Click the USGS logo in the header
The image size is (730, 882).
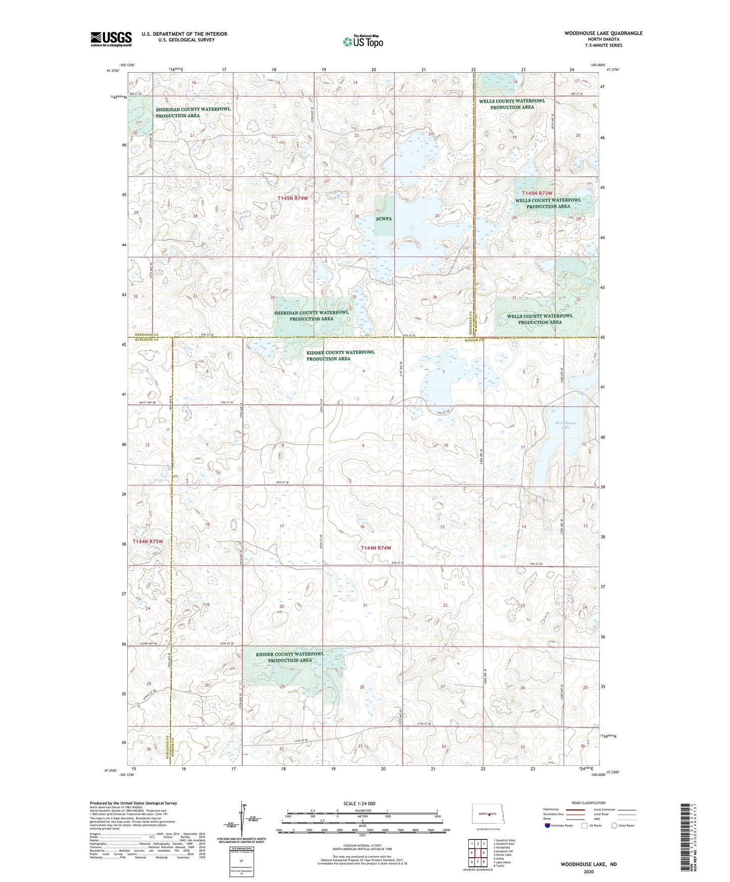click(x=111, y=38)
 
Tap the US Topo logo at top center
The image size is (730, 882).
click(x=362, y=41)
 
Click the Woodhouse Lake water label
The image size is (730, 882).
click(x=565, y=425)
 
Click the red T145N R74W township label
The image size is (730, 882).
click(x=293, y=198)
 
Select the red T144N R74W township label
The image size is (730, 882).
click(x=376, y=548)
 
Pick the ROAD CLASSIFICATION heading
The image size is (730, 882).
click(x=589, y=803)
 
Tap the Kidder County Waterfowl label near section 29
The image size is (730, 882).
click(x=290, y=657)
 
